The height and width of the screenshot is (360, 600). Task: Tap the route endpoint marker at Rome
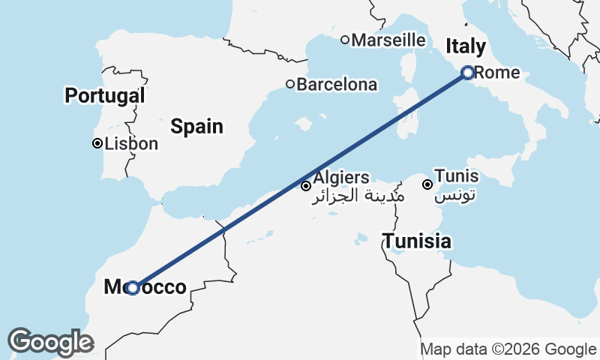(x=468, y=73)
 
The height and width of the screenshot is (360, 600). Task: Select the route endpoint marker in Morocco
(x=133, y=287)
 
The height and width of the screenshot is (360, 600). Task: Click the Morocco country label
(x=145, y=287)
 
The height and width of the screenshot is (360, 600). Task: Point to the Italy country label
(x=465, y=46)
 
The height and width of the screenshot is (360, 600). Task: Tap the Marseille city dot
(x=345, y=40)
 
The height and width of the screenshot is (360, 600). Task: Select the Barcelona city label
(x=337, y=85)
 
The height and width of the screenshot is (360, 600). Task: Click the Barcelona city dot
(x=290, y=84)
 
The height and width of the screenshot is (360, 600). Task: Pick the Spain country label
(x=196, y=126)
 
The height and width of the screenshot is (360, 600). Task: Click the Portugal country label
(x=104, y=95)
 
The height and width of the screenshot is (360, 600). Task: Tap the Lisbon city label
(x=132, y=143)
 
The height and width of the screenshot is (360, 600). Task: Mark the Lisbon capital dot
(x=97, y=143)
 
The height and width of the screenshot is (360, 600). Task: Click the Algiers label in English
(x=341, y=178)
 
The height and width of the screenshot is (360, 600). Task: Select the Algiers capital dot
(x=306, y=185)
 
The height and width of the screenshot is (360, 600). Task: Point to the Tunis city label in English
(x=457, y=176)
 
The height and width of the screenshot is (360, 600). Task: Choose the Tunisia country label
(x=417, y=241)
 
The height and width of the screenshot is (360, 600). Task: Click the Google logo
(x=50, y=342)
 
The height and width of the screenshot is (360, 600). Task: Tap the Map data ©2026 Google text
(x=508, y=349)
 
